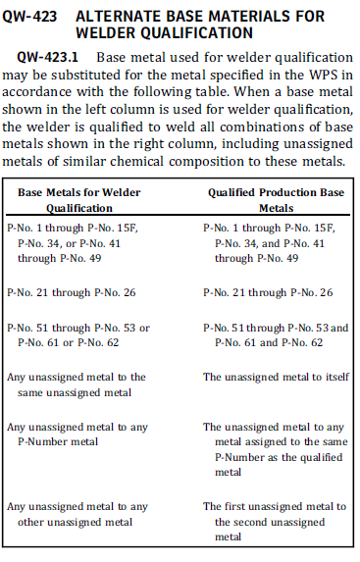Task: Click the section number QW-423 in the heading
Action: tap(33, 17)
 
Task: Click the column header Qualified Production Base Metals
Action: tap(276, 201)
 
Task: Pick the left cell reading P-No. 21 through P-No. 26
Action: tap(71, 292)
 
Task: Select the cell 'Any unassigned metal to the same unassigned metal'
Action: tap(76, 384)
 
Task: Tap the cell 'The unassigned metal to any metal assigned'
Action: tap(274, 449)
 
